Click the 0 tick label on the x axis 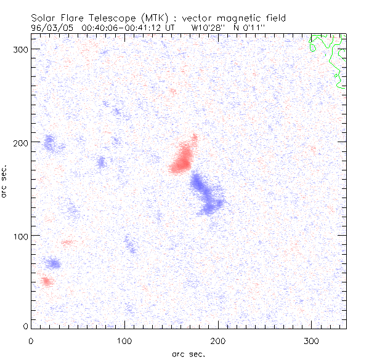(x=31, y=340)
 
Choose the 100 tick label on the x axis (x=124, y=340)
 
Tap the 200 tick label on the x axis (x=218, y=340)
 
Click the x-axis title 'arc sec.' (x=188, y=353)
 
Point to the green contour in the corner (x=326, y=55)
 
